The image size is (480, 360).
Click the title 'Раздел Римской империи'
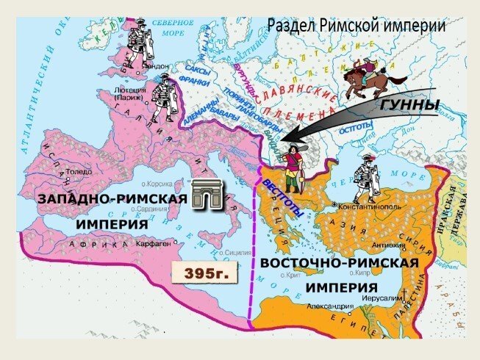tap(357, 25)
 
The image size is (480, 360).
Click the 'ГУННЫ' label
tap(409, 106)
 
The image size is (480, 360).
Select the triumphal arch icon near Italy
tap(207, 196)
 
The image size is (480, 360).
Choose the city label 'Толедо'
tap(79, 171)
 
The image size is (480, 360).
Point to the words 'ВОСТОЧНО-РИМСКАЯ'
tap(340, 262)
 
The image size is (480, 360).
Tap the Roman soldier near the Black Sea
tap(365, 178)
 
